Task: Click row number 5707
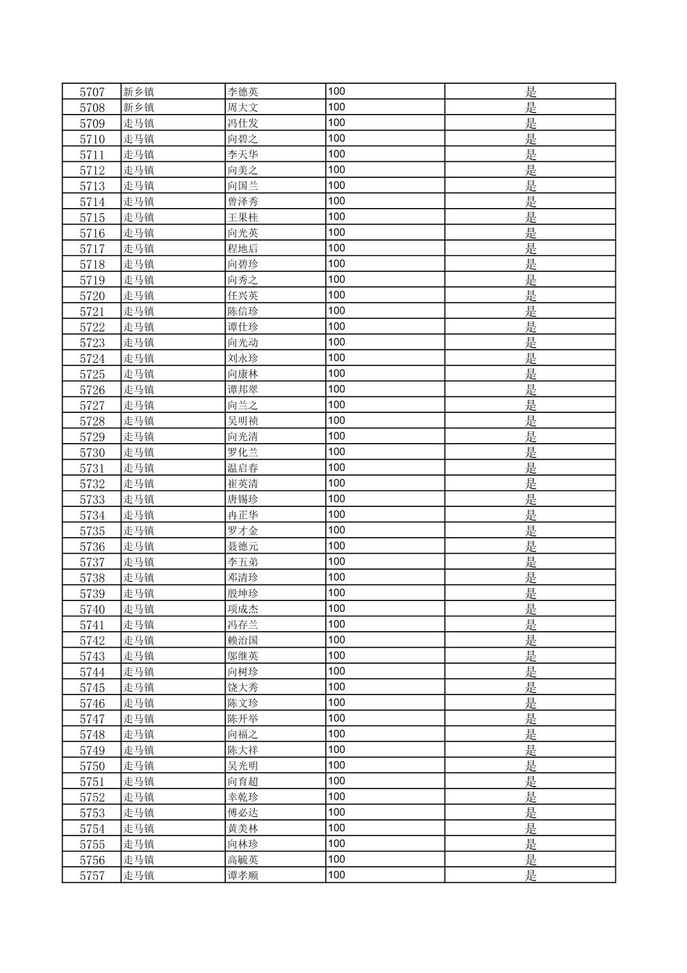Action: pos(92,92)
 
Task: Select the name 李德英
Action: pos(243,92)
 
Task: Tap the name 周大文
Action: pos(243,108)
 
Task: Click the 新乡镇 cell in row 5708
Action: pos(139,108)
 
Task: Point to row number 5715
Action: pos(92,218)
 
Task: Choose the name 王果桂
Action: pos(243,218)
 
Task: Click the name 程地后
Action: pos(243,249)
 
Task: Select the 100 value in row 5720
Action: pos(336,295)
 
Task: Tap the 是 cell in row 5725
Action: pos(530,374)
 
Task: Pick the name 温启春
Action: pos(243,468)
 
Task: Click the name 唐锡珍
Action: pos(243,499)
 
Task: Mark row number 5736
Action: pos(92,547)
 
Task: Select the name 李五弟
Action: pos(243,562)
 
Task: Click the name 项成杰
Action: pos(243,609)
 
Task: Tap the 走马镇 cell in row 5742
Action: pos(139,641)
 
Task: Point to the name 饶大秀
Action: pos(243,688)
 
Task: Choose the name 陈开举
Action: pos(243,719)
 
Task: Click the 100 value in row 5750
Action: pos(336,766)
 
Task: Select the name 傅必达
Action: pos(243,813)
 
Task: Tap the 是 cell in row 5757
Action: pos(530,876)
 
